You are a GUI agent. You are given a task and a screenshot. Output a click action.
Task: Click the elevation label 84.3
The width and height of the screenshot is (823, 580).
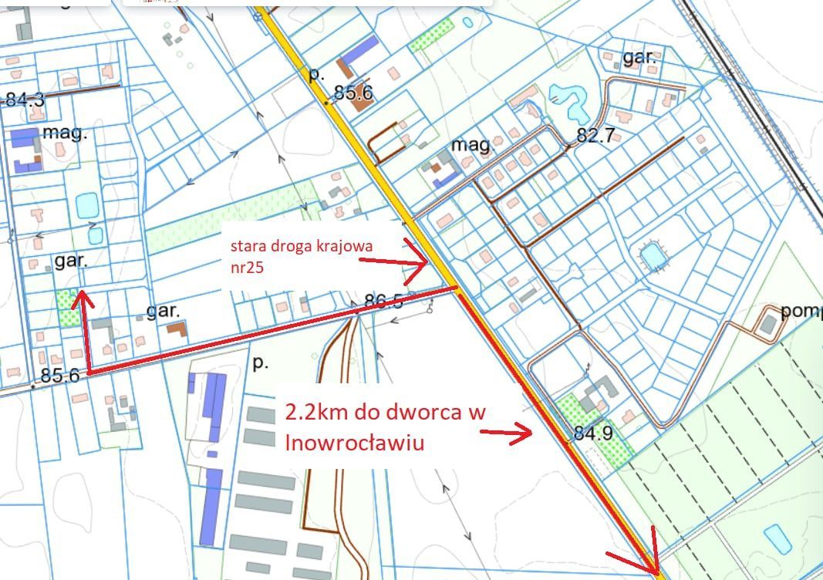tap(25, 99)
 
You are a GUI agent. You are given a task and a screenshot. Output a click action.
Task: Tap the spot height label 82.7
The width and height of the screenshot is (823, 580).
tap(595, 137)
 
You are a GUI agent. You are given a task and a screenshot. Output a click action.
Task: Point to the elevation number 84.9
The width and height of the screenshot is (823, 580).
tap(593, 433)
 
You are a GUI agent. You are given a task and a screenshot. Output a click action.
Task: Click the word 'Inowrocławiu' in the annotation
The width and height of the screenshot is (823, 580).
tap(355, 443)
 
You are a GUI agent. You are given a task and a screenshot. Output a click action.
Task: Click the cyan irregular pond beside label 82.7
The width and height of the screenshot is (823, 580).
tap(568, 103)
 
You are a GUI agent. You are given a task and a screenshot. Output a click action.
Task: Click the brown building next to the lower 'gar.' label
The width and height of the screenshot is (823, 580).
tap(177, 329)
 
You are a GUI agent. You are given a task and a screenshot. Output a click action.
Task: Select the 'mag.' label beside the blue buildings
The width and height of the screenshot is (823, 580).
tap(65, 132)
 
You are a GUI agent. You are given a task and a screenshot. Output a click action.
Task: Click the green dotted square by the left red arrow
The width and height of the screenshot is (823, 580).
tap(66, 309)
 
